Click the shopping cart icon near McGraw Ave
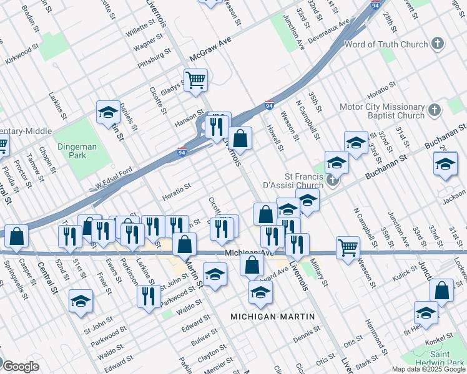click(x=195, y=80)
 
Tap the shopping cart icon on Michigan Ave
click(x=348, y=247)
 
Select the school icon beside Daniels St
click(x=108, y=113)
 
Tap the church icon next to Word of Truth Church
click(x=438, y=44)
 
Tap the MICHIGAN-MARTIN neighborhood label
click(x=272, y=317)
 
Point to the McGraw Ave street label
click(x=210, y=57)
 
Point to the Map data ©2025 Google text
click(x=428, y=369)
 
